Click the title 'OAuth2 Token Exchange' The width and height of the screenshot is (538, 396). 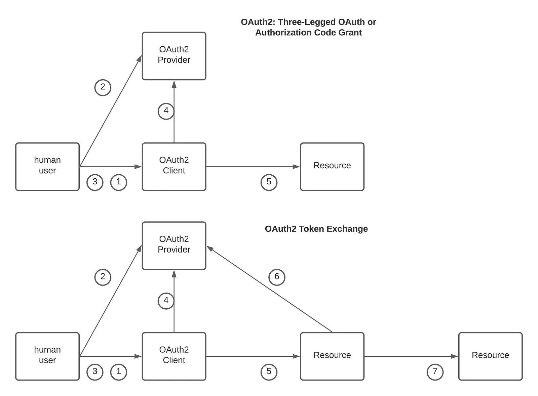pos(316,229)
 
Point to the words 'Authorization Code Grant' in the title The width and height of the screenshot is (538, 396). pos(308,32)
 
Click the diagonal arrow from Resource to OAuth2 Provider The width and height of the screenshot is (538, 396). pos(269,289)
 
